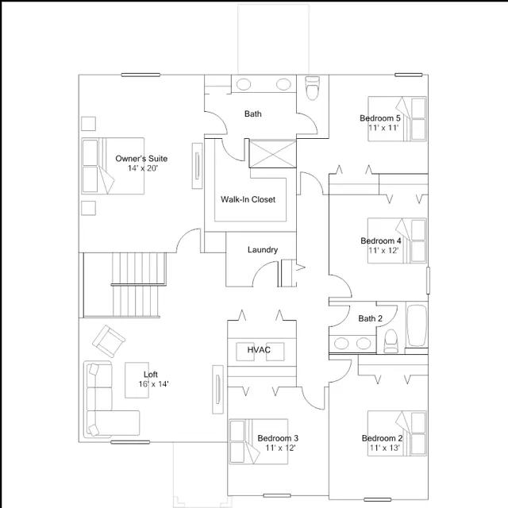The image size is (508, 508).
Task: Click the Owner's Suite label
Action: coord(141,159)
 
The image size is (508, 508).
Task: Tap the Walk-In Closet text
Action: coord(248,199)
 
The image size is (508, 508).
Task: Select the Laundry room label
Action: coord(263,250)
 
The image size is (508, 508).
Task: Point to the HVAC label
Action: coord(260,349)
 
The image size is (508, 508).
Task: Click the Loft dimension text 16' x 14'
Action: coord(148,384)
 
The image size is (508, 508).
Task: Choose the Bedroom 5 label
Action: coord(380,118)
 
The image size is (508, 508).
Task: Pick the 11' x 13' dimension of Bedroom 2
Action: coord(383,448)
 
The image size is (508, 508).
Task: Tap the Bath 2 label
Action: coord(370,319)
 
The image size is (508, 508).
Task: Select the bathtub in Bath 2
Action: coord(417,325)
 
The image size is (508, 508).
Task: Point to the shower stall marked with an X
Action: coord(272,154)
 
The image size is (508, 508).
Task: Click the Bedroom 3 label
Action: coord(278,438)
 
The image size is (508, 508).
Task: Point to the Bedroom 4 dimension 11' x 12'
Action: coord(383,250)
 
